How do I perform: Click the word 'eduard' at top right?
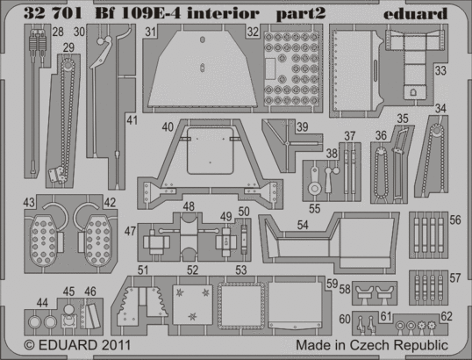point(415,13)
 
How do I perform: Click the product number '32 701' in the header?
point(53,13)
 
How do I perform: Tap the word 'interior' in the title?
point(223,13)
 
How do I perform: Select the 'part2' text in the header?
point(301,14)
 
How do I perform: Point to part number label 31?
point(151,32)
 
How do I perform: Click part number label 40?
point(168,126)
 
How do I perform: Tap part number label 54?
point(303,225)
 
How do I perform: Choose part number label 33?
point(440,71)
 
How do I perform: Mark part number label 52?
point(193,270)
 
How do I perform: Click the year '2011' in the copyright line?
point(116,345)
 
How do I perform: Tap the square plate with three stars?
point(192,304)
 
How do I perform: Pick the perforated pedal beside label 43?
point(44,240)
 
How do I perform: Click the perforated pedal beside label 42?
point(97,240)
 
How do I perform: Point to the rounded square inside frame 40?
point(211,151)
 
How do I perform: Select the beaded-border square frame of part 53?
point(241,306)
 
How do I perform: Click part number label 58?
point(345,289)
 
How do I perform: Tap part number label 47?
point(130,231)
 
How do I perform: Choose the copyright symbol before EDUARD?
point(29,345)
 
